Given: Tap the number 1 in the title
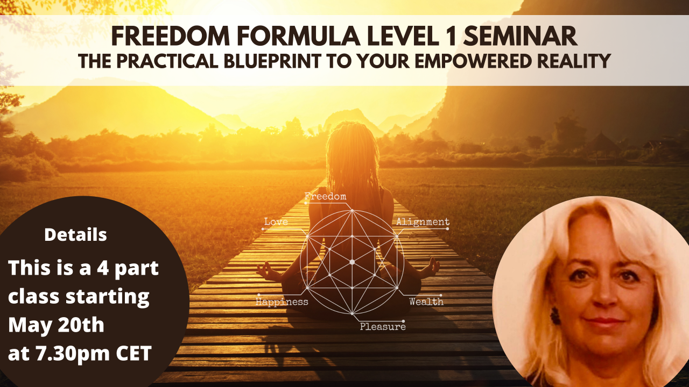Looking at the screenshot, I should pyautogui.click(x=449, y=38).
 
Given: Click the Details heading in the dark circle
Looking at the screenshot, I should pyautogui.click(x=75, y=235).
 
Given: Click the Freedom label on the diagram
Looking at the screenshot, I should pyautogui.click(x=325, y=196).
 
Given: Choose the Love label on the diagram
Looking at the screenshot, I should pyautogui.click(x=276, y=221).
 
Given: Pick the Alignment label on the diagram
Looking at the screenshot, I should pyautogui.click(x=423, y=221).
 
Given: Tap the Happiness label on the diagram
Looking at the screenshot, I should pyautogui.click(x=282, y=302).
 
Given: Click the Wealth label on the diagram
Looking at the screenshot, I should pyautogui.click(x=426, y=301).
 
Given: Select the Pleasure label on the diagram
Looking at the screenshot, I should pyautogui.click(x=383, y=326).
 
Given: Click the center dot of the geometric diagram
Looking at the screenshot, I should pyautogui.click(x=352, y=262).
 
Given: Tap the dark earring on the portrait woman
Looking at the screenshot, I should pyautogui.click(x=555, y=315).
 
